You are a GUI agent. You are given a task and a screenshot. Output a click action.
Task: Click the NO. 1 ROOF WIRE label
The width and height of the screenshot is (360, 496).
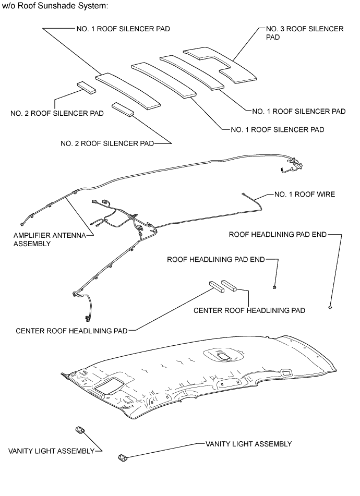pyautogui.click(x=305, y=195)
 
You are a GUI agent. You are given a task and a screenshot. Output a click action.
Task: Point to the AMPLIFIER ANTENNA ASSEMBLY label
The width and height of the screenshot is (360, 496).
pyautogui.click(x=49, y=239)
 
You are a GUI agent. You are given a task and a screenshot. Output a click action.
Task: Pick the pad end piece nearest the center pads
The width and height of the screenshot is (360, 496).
pyautogui.click(x=274, y=286)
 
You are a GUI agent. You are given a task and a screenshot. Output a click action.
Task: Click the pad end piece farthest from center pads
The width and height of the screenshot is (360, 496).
pyautogui.click(x=330, y=307)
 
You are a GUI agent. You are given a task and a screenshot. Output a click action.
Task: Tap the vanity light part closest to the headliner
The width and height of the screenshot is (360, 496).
pyautogui.click(x=80, y=429)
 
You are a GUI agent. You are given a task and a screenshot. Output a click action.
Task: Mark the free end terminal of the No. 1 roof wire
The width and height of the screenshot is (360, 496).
pyautogui.click(x=244, y=195)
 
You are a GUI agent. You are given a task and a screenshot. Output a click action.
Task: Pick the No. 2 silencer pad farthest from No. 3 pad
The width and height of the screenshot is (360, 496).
pyautogui.click(x=87, y=87)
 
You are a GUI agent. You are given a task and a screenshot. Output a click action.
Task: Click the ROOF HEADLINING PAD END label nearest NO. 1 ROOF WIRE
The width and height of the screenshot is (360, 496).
pyautogui.click(x=278, y=234)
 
